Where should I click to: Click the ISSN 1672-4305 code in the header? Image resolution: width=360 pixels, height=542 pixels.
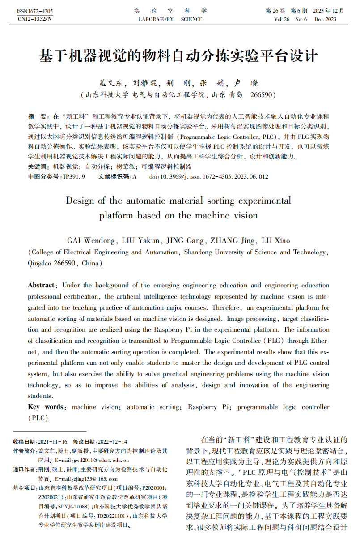point(34,11)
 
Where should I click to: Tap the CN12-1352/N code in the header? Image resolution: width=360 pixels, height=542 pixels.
point(34,19)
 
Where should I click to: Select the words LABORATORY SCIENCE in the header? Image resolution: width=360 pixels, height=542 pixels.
point(170,19)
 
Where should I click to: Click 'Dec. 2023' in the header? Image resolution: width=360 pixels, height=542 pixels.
point(325,19)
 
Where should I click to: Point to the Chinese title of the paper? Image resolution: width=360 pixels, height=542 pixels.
point(179,56)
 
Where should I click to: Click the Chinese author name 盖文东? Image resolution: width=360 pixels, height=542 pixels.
point(110,83)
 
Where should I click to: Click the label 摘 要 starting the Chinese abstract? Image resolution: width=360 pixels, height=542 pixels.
point(38,115)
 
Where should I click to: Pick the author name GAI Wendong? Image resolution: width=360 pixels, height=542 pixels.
point(92,240)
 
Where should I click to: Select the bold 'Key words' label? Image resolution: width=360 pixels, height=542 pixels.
point(46,407)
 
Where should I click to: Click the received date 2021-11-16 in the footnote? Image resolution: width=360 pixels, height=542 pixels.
point(53,441)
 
